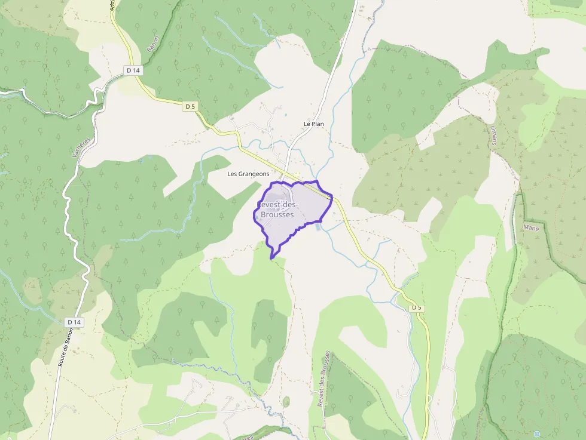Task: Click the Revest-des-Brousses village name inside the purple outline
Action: [277, 210]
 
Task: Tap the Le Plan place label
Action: [313, 124]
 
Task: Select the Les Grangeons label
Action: [248, 174]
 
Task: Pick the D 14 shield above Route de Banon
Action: [74, 322]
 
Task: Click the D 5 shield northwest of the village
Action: [190, 106]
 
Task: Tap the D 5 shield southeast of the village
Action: [416, 307]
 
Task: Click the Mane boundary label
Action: [530, 227]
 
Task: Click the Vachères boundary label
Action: [80, 146]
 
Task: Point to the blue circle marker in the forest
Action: [536, 433]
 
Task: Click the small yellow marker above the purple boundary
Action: [297, 174]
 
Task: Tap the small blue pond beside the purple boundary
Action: [318, 226]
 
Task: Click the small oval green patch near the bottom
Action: [286, 402]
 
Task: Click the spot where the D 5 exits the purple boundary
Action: [331, 196]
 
